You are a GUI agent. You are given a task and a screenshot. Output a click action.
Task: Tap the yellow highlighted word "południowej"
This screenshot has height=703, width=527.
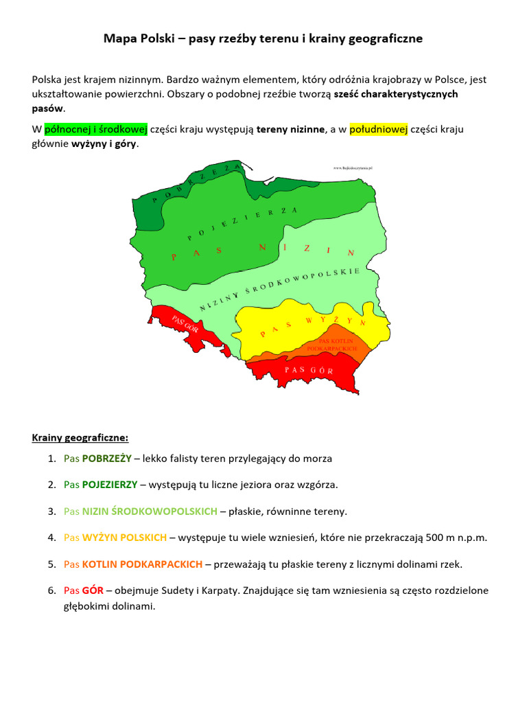pos(378,129)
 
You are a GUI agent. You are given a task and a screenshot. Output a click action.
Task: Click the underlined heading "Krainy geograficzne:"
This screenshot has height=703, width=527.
pos(80,437)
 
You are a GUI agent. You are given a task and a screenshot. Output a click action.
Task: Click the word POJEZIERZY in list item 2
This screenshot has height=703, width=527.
pos(110,485)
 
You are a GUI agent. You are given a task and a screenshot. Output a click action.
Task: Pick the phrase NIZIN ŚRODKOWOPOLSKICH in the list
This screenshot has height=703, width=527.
pos(150,511)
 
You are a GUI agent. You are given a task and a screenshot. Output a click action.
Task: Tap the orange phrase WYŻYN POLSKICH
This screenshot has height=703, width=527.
pos(124,538)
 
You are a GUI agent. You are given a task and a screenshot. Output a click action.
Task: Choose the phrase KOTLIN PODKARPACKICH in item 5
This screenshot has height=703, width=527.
pos(142,564)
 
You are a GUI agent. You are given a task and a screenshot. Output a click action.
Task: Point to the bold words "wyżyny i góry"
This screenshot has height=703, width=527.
pos(104,144)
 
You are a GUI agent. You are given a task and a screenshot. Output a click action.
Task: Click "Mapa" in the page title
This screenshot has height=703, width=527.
pos(120,39)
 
